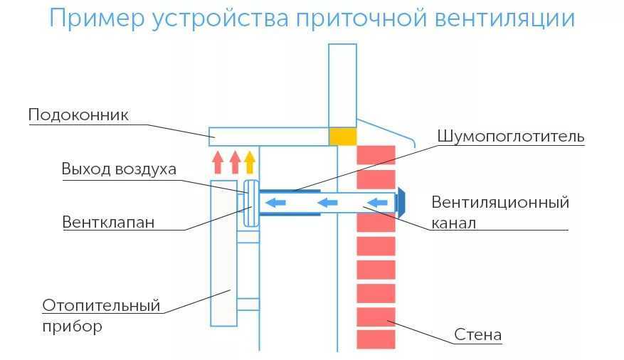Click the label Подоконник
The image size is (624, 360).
click(78, 115)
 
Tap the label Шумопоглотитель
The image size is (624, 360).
click(510, 136)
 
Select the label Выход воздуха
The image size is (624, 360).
click(118, 169)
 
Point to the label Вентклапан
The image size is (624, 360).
click(108, 221)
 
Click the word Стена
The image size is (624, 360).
click(477, 334)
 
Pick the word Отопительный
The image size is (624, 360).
click(101, 306)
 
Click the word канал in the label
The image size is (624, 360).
click(453, 223)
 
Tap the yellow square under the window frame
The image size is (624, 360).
click(342, 136)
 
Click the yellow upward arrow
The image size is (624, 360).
click(249, 162)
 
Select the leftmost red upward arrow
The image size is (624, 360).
click(218, 162)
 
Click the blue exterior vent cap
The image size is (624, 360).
click(401, 203)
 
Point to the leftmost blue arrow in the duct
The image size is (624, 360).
click(277, 204)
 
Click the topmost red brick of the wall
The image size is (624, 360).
click(375, 155)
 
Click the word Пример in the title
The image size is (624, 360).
click(97, 19)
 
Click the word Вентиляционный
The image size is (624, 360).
click(500, 202)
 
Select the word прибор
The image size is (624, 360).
click(72, 327)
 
